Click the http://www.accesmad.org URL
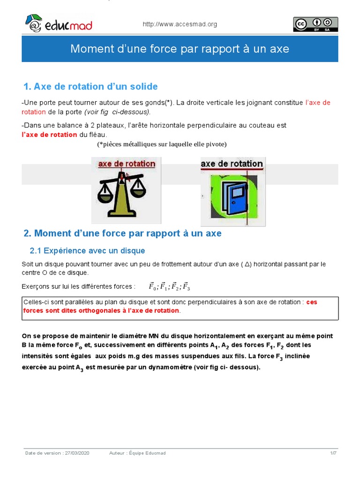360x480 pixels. click(x=180, y=24)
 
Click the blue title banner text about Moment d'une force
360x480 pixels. click(x=180, y=49)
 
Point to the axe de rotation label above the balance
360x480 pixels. click(x=126, y=164)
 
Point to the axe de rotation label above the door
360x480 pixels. click(x=232, y=164)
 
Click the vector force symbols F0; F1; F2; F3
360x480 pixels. click(x=169, y=286)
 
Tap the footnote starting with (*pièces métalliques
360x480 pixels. click(x=162, y=144)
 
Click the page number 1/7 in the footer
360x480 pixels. click(x=333, y=453)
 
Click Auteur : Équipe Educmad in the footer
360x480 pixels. click(x=137, y=453)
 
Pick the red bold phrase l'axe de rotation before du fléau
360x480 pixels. click(x=50, y=135)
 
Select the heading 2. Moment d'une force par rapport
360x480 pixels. click(x=122, y=233)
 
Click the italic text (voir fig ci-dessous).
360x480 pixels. click(x=118, y=112)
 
